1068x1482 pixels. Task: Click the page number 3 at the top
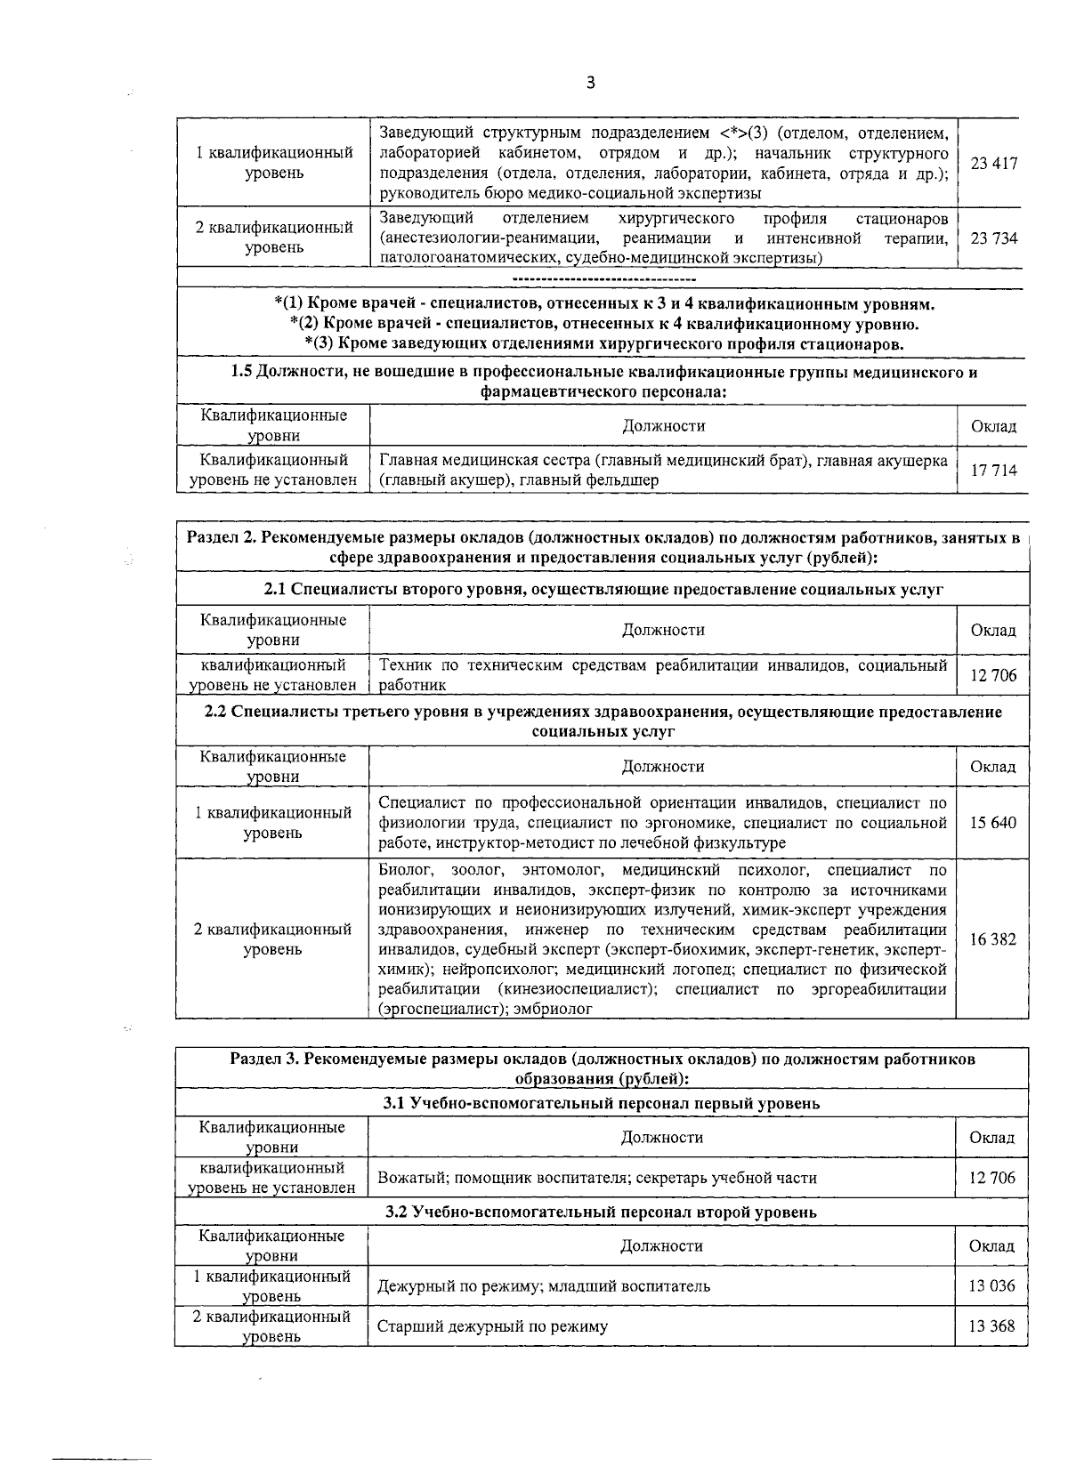pos(590,84)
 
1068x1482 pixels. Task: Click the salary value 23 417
pos(993,164)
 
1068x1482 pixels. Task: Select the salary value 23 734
pos(993,238)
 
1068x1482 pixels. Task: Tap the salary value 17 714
pos(993,471)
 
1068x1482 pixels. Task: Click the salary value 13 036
pos(991,1285)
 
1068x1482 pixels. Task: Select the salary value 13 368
pos(991,1326)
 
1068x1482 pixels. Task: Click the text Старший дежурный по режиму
pos(493,1326)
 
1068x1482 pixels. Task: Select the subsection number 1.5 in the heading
pos(241,373)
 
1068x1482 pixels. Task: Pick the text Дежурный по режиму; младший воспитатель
pos(544,1285)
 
